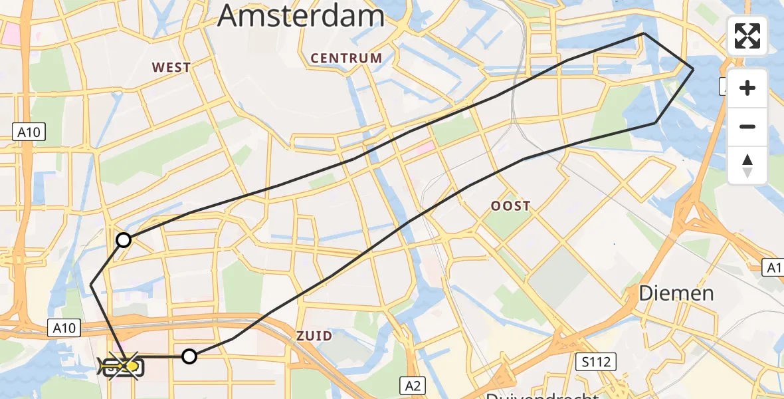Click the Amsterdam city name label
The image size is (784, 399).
click(301, 15)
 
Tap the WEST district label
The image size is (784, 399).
click(171, 67)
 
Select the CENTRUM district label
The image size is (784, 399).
click(346, 59)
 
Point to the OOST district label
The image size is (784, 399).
click(510, 206)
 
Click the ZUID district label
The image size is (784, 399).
click(314, 336)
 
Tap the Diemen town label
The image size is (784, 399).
click(676, 293)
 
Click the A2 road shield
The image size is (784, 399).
click(412, 384)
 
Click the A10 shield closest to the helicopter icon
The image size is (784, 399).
click(64, 327)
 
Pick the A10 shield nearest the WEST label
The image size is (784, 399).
click(29, 132)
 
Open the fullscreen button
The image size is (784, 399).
click(747, 36)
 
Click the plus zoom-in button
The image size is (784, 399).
click(747, 88)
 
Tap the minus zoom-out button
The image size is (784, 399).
click(747, 126)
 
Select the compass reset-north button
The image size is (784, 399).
click(747, 165)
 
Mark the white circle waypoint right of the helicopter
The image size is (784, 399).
click(189, 356)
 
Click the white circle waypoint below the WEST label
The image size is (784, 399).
click(124, 240)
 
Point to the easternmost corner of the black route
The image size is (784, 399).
click(693, 69)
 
